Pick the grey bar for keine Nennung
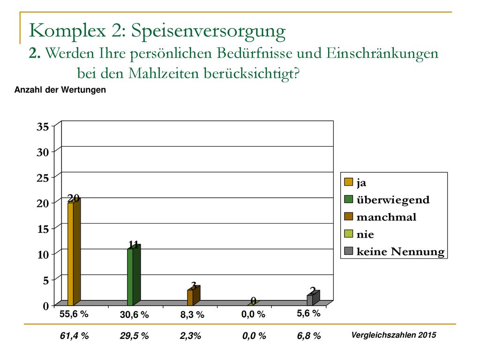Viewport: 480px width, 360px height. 313,298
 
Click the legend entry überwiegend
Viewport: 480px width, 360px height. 387,200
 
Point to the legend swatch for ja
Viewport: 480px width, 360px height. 349,182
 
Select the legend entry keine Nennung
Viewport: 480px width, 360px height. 394,251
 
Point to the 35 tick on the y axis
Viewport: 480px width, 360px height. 43,127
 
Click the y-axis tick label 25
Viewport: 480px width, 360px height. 43,178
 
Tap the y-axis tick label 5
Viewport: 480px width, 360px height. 45,280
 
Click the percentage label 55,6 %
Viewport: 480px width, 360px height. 74,314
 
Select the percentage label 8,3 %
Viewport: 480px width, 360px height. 192,315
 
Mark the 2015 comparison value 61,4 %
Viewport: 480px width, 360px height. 74,336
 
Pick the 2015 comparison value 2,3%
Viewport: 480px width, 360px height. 190,336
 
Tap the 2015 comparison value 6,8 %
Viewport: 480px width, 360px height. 309,336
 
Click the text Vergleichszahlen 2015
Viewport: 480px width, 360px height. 394,335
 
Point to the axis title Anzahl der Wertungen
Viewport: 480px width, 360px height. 60,90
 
